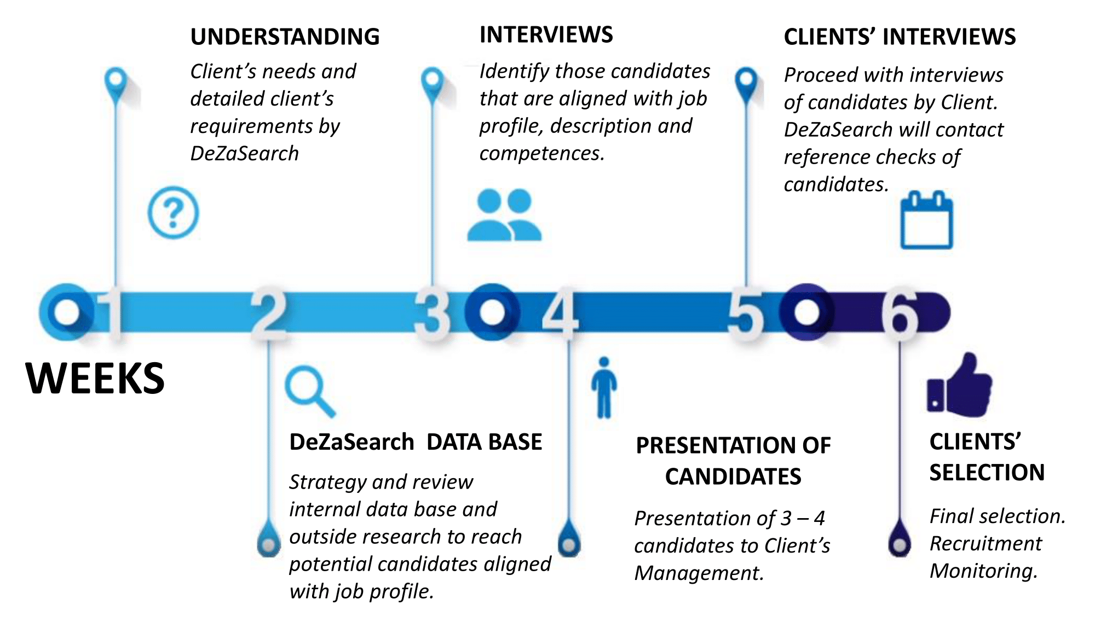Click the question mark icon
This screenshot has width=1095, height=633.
[173, 213]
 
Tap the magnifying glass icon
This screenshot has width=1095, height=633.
[309, 391]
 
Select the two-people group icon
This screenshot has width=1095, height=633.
[504, 215]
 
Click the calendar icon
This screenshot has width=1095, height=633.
[926, 220]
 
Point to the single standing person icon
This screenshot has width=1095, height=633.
[604, 387]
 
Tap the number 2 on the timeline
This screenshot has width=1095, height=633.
[268, 313]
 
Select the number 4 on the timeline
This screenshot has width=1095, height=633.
[560, 313]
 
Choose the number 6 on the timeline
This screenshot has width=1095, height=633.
[900, 313]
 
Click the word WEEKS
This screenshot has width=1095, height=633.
[95, 378]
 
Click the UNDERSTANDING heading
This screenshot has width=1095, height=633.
[285, 37]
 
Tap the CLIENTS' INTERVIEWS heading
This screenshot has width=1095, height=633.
[900, 37]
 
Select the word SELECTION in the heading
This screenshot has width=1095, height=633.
[987, 472]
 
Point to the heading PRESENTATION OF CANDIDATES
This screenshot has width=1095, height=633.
[733, 461]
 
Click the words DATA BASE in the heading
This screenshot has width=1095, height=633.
[484, 442]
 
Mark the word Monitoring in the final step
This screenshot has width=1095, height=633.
[983, 571]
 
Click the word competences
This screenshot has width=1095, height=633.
[541, 154]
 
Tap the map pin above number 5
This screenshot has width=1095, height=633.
[746, 82]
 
